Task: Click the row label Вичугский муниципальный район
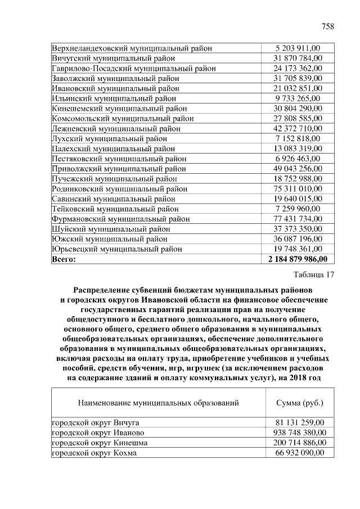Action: pos(114,58)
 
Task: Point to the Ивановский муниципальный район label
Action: pos(116,88)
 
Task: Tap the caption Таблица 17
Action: pos(314,275)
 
